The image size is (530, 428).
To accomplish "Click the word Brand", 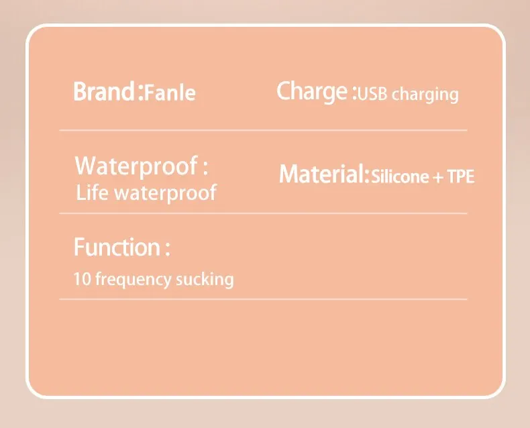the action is click(x=104, y=91).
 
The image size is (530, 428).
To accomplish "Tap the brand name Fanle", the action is click(x=170, y=93).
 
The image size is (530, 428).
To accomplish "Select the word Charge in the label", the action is click(x=312, y=92).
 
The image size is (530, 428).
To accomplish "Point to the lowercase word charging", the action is click(x=425, y=95).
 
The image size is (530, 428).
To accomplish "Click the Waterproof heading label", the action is click(x=136, y=166).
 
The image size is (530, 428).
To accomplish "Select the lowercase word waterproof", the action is click(x=165, y=193).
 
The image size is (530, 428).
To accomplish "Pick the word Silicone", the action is click(x=400, y=176).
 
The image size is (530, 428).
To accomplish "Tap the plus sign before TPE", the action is click(x=437, y=177).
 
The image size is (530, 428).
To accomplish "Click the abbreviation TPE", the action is click(x=460, y=176).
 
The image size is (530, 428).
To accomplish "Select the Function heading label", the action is click(x=117, y=247).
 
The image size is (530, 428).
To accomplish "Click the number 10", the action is click(x=82, y=279).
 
